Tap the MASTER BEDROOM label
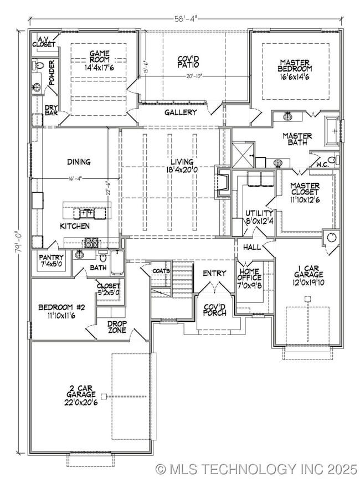(x=295, y=70)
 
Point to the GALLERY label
(x=181, y=112)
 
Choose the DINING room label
(x=79, y=162)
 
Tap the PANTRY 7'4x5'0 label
(x=51, y=260)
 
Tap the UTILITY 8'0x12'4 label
(x=259, y=217)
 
